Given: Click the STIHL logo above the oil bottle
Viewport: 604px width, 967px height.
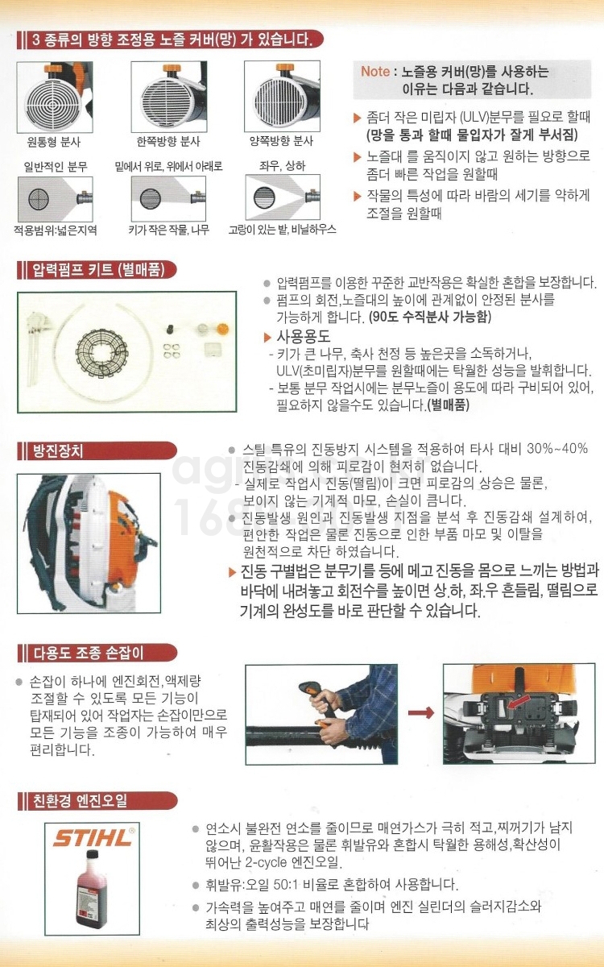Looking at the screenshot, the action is pos(93,838).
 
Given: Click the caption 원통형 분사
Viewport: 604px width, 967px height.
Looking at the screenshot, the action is pos(54,142).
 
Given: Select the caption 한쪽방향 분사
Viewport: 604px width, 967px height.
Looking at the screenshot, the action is pos(168,142).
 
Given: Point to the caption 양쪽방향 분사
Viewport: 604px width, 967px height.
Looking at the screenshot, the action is pos(282,141).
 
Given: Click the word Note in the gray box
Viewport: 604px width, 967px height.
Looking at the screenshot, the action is pos(375,71).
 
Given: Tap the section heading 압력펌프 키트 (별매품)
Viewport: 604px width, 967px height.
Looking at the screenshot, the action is pos(99,270).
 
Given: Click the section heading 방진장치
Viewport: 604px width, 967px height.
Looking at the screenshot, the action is pos(58,451).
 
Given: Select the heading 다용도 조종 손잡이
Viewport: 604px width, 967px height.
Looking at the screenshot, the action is pos(89,653).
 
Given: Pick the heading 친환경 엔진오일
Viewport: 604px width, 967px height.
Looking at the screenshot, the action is pos(81,801).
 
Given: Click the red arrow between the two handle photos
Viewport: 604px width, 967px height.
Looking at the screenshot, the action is pos(420,712).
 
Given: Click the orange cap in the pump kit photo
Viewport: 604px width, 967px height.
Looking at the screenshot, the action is pos(222,330).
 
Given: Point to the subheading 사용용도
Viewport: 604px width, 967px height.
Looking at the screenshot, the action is pos(304,337).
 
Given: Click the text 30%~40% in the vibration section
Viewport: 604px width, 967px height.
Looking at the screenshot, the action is pos(557,449).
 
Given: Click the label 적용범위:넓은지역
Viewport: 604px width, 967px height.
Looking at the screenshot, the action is pos(56,230).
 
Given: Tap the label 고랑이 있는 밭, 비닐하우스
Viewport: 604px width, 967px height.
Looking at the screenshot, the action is pos(282,229).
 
